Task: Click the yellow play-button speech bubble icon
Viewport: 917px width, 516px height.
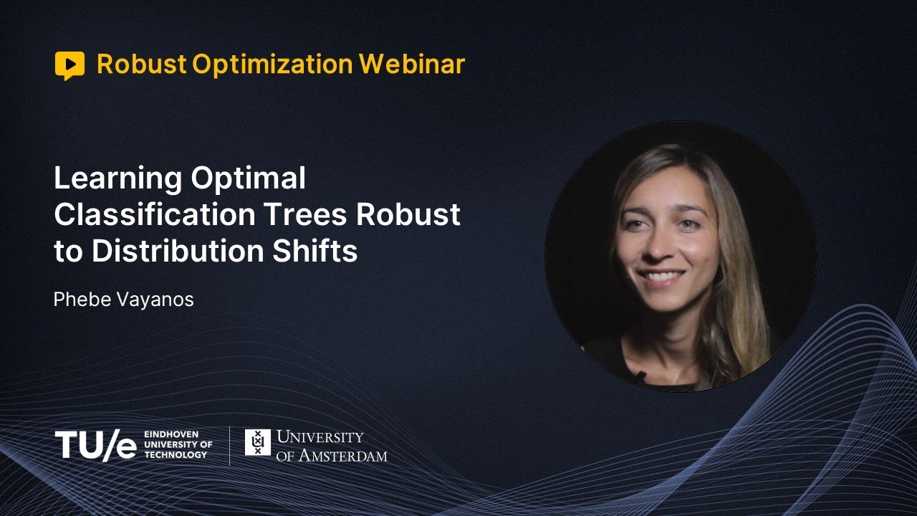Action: coord(69,64)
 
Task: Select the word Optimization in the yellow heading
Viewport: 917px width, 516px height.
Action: coord(272,64)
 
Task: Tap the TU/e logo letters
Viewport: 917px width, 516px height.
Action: coord(95,444)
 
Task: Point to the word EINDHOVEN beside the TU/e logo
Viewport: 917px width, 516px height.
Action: coord(171,434)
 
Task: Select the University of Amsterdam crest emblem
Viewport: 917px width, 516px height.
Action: coord(258,442)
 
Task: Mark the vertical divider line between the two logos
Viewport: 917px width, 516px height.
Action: coord(229,445)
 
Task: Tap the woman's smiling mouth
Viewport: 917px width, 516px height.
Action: coord(662,276)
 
